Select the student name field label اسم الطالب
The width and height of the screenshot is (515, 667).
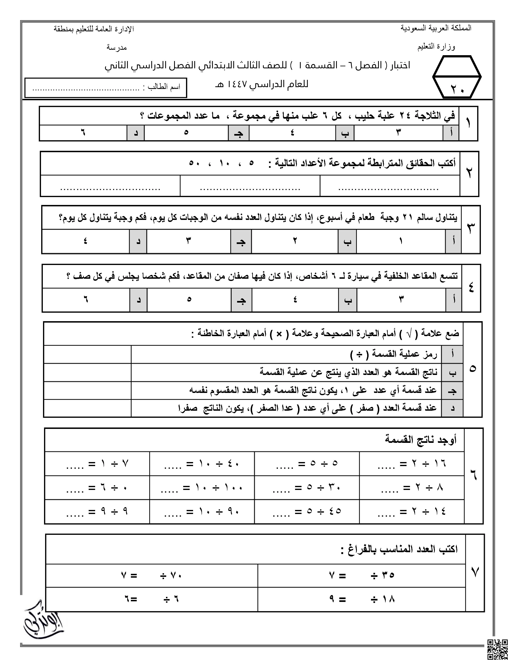click(x=164, y=87)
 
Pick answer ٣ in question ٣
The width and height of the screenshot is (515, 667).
click(x=189, y=241)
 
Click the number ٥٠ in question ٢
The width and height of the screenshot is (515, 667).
click(x=194, y=163)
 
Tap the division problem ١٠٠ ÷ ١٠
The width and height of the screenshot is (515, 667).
click(x=202, y=488)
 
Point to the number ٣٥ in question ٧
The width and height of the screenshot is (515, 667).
click(x=388, y=575)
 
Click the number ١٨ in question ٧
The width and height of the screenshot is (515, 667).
click(x=388, y=599)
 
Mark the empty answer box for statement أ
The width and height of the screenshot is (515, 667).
click(x=88, y=354)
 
